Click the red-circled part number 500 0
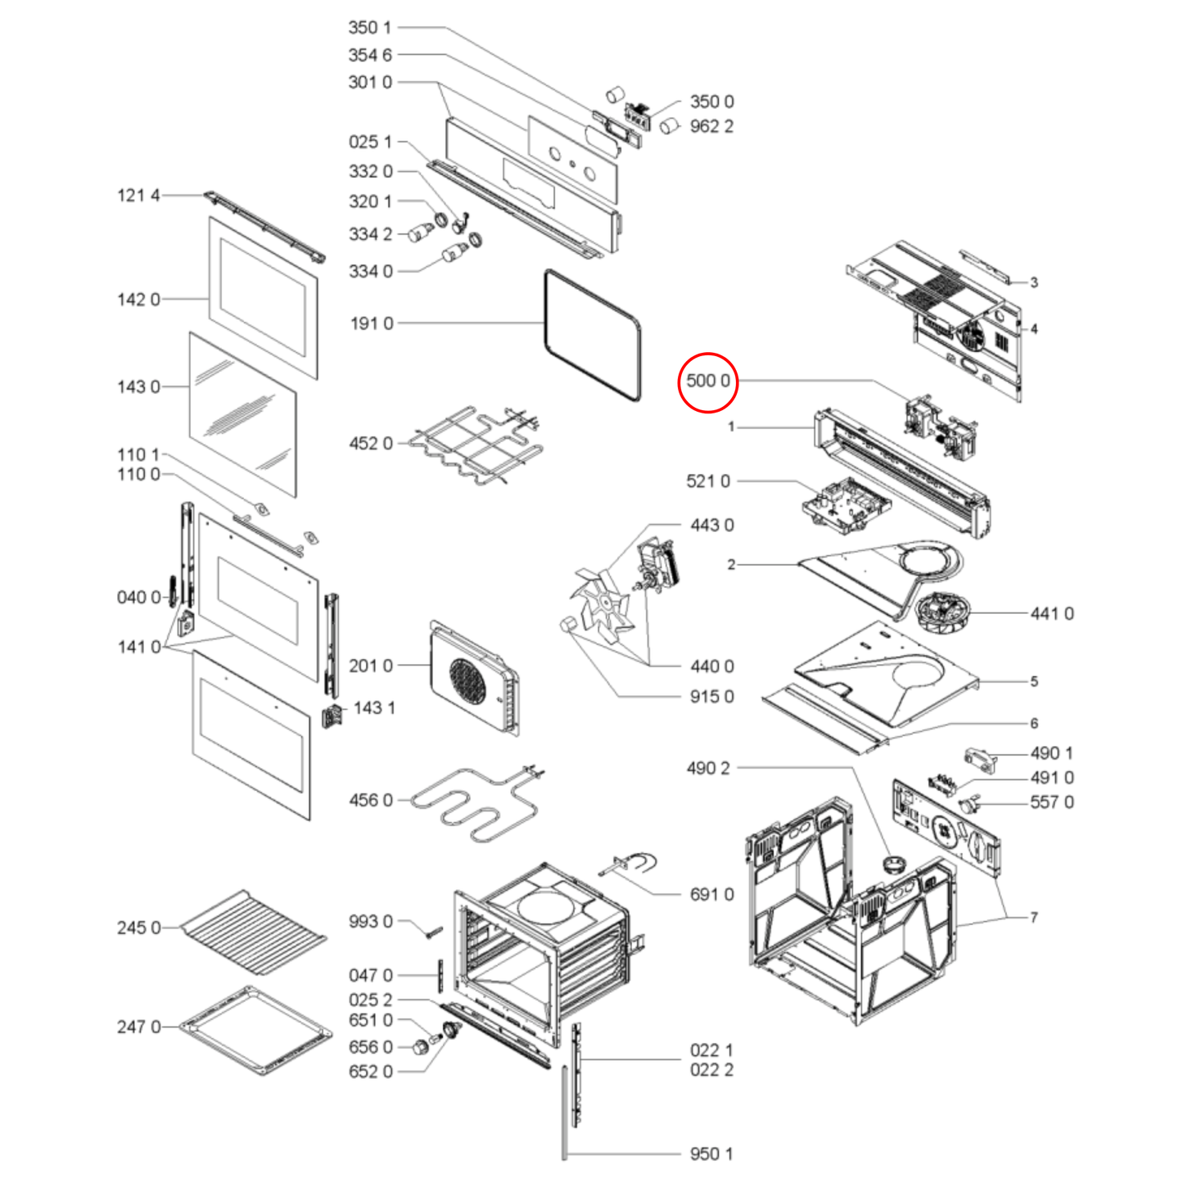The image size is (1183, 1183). click(708, 382)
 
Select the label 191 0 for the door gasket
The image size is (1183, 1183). click(372, 323)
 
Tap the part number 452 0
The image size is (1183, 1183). click(371, 443)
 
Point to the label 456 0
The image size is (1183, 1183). click(371, 800)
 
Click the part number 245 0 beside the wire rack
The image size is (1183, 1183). click(138, 928)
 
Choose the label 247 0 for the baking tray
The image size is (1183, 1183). click(138, 1027)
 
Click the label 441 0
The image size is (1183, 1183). click(1052, 613)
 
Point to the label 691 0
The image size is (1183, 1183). click(712, 894)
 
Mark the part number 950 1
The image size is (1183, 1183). click(711, 1154)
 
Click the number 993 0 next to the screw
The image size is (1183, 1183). click(371, 922)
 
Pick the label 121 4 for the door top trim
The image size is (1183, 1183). click(138, 195)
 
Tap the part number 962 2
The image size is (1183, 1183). click(712, 126)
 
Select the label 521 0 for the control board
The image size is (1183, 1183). click(708, 481)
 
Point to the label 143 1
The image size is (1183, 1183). click(374, 708)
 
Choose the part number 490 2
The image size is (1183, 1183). click(708, 768)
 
